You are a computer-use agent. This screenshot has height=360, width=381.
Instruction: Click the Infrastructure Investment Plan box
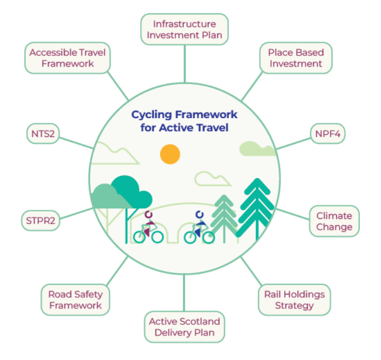(184, 29)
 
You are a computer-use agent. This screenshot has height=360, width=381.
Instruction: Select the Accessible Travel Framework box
(68, 58)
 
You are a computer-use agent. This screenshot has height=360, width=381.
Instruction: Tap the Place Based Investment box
(295, 58)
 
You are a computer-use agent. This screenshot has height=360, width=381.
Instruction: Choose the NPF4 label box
(328, 134)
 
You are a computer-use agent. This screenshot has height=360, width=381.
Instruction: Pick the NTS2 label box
(42, 134)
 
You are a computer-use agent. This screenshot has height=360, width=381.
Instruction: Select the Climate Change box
(334, 221)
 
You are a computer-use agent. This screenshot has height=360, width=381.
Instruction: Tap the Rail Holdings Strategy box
(294, 299)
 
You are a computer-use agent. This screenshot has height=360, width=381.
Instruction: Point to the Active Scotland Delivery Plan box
(184, 327)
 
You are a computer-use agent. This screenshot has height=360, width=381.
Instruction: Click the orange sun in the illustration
(170, 154)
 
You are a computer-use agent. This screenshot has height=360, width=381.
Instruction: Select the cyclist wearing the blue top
(199, 228)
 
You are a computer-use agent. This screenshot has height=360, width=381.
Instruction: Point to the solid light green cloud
(258, 149)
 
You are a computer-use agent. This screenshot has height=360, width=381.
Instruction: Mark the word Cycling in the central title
(151, 114)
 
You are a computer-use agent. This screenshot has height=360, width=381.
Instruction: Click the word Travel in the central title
(212, 128)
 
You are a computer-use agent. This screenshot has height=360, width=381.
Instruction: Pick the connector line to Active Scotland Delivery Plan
(184, 293)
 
